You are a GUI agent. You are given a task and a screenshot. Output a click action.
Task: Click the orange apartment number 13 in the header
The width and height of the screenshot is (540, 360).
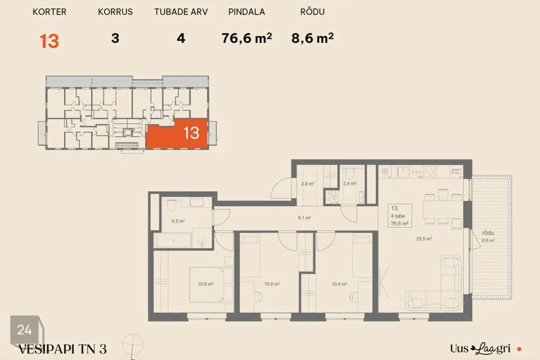click(x=49, y=41)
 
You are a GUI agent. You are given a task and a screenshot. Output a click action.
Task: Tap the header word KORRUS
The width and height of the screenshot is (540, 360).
click(x=115, y=12)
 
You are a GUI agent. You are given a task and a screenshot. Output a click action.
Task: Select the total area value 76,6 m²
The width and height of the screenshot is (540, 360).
click(x=246, y=38)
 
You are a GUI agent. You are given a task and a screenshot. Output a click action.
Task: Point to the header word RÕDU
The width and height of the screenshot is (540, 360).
click(x=312, y=11)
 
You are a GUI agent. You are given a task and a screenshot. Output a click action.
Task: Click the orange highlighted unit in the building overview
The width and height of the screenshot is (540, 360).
click(x=177, y=134)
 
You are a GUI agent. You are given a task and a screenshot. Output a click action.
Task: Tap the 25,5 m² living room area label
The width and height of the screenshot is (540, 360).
click(x=424, y=238)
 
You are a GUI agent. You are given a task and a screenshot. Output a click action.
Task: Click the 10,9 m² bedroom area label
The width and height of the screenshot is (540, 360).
click(x=206, y=284)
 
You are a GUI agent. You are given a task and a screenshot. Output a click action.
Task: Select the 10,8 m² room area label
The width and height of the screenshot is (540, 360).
click(x=272, y=284)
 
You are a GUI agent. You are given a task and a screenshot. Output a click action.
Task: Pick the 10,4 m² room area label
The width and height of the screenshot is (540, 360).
click(x=339, y=284)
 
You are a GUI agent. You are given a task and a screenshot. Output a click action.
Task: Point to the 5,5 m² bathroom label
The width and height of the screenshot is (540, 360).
click(x=178, y=221)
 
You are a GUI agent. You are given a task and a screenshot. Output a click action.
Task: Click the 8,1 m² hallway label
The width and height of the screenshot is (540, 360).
click(x=304, y=218)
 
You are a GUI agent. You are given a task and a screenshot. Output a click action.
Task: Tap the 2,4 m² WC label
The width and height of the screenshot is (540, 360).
click(x=349, y=183)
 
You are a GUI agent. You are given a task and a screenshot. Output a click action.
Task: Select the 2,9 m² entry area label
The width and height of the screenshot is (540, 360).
click(x=308, y=183)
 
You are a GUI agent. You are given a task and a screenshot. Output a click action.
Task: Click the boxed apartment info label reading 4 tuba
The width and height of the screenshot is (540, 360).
click(x=398, y=216)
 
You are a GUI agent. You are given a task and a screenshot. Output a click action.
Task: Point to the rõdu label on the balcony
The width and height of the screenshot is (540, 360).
click(x=488, y=233)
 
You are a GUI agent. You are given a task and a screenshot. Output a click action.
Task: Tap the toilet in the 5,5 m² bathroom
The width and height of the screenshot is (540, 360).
click(x=172, y=205)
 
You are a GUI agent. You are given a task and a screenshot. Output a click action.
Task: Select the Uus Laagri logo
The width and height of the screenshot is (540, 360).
click(x=480, y=349)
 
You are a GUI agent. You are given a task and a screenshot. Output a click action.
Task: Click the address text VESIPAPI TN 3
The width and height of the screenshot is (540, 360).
click(x=62, y=349)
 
